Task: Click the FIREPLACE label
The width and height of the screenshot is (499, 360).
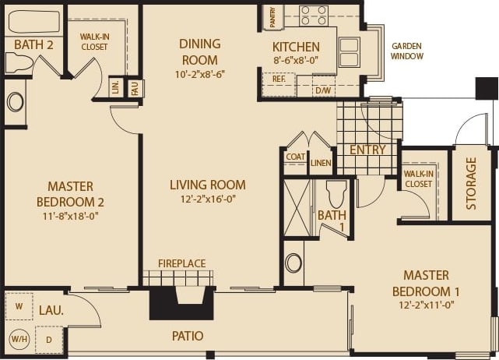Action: pyautogui.click(x=181, y=264)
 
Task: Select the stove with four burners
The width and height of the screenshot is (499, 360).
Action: pyautogui.click(x=314, y=14)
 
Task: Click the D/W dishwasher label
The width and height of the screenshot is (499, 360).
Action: pyautogui.click(x=322, y=90)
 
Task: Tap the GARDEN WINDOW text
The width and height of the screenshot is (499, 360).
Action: pyautogui.click(x=407, y=51)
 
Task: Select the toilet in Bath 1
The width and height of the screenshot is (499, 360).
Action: pyautogui.click(x=336, y=192)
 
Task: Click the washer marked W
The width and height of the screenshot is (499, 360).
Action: pyautogui.click(x=19, y=305)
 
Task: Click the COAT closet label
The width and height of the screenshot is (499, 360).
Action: pyautogui.click(x=295, y=157)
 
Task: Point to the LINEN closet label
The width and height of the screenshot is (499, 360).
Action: pyautogui.click(x=320, y=162)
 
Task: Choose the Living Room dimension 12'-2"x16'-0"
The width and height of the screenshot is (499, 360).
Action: pyautogui.click(x=207, y=200)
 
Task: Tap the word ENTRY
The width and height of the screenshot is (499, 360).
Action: pyautogui.click(x=367, y=150)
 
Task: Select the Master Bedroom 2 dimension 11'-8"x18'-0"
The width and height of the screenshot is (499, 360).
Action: pyautogui.click(x=71, y=216)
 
